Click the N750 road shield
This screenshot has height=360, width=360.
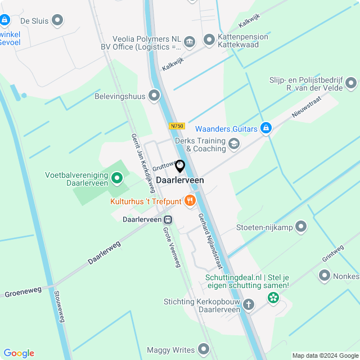point(177,126)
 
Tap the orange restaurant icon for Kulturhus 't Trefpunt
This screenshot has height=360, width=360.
point(190,200)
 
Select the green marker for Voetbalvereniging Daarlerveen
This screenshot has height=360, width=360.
point(117,179)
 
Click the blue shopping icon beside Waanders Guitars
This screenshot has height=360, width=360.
point(266,128)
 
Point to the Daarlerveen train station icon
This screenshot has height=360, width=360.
point(168,219)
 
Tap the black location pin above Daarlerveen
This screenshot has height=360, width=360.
point(180,166)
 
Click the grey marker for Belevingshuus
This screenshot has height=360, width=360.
point(155,96)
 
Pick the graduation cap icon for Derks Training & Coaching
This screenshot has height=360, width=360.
point(233,144)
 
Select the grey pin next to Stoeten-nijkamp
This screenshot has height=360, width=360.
point(301,227)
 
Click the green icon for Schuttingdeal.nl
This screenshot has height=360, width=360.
point(273,298)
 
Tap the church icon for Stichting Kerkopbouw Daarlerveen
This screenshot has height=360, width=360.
point(248,304)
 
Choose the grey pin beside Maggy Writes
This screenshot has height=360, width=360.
point(204,350)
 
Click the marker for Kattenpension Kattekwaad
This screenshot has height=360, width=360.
point(209,39)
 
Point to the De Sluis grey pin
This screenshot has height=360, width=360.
point(57,21)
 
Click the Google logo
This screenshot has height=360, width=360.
point(19,353)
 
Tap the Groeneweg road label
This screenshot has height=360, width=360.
point(23,291)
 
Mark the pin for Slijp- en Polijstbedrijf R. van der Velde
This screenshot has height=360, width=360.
point(352,84)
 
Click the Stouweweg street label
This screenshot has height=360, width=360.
point(59,307)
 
